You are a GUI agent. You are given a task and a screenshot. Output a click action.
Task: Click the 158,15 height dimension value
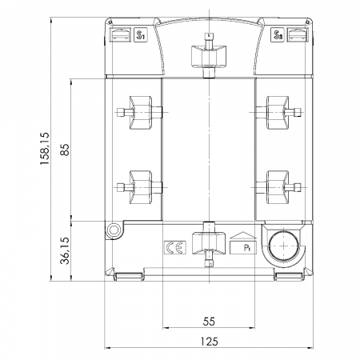(x=45, y=148)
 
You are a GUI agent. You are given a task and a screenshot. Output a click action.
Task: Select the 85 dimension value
(x=65, y=150)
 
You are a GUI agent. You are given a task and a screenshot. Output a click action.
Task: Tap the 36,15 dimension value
(x=65, y=250)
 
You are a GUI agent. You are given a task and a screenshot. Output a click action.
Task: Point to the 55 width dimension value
(x=209, y=322)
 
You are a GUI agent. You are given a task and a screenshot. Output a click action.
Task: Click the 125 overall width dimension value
(x=209, y=342)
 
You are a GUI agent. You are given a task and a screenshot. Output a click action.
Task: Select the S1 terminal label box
(x=140, y=34)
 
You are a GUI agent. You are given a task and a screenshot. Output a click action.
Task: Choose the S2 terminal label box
(x=278, y=34)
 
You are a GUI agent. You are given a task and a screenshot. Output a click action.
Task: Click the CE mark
(x=175, y=247)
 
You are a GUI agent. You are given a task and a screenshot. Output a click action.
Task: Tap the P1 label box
(x=243, y=245)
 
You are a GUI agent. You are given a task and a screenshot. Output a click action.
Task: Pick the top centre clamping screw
(x=209, y=56)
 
